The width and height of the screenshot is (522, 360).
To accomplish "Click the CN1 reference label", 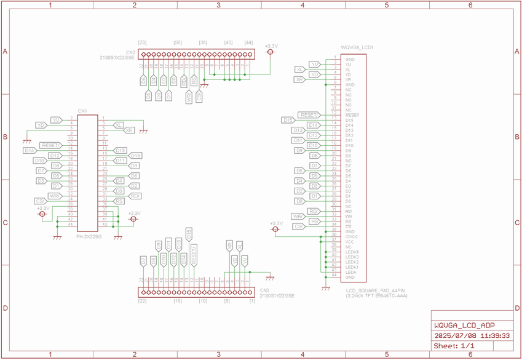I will point(82,111).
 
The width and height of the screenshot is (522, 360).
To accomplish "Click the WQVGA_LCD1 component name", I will point(357,47).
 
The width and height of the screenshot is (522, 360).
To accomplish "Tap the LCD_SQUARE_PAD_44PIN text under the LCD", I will point(375,290).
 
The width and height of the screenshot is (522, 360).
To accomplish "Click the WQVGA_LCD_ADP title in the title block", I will point(464,326).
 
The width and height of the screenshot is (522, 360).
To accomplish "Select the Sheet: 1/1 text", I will point(454,346).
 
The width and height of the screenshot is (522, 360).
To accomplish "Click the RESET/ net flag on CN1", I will point(51,145).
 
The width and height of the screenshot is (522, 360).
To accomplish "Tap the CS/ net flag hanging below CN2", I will point(199,96).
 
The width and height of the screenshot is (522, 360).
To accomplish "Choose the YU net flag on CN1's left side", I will point(56,120).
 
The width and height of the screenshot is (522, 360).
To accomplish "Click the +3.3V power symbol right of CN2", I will point(271,52).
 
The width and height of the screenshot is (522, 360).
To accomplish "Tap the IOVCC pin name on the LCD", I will point(351,237).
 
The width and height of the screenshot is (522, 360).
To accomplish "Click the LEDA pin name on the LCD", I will point(350,272).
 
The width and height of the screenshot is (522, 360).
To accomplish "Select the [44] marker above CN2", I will point(248,42).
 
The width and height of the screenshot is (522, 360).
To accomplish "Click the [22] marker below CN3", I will point(142,301).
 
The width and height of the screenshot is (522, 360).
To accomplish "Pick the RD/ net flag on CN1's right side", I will point(135,196).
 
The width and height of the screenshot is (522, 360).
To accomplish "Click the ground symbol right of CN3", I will point(269,278).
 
